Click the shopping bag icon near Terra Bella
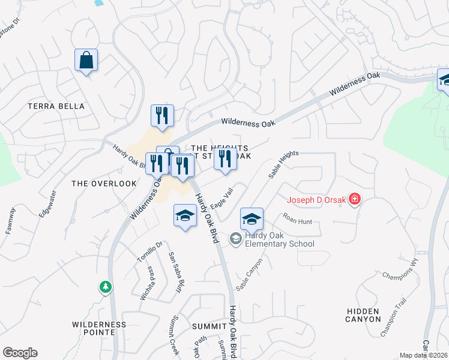click(x=86, y=61)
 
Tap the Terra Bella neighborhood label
click(x=56, y=106)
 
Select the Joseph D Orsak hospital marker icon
click(x=355, y=199)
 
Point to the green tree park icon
click(x=106, y=287)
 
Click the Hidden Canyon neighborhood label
click(x=363, y=315)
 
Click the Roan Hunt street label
click(x=298, y=221)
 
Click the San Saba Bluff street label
click(x=175, y=272)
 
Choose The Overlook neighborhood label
click(x=104, y=184)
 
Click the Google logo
click(x=20, y=353)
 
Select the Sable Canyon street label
click(x=250, y=275)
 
